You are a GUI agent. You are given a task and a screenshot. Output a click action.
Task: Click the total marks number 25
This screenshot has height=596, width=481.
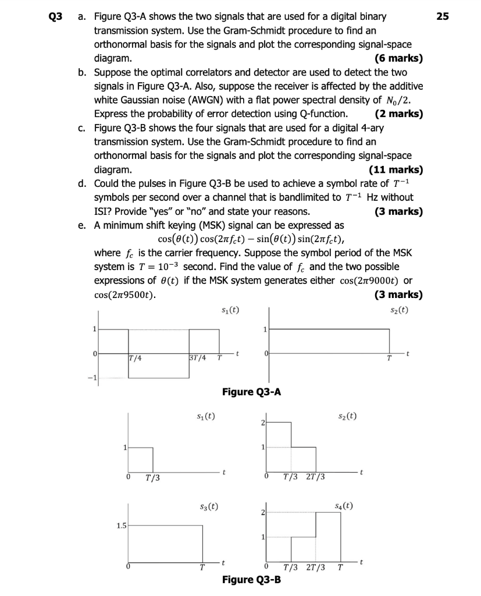coord(443,16)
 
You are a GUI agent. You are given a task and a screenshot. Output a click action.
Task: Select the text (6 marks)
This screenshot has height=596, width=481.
coord(399,58)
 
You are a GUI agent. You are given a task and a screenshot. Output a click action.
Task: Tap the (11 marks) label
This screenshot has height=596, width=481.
coord(396,170)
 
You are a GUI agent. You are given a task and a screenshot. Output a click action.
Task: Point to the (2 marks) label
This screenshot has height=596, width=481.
coord(399,114)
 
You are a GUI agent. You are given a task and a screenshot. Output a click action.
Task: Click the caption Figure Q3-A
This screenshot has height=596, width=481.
coord(252,392)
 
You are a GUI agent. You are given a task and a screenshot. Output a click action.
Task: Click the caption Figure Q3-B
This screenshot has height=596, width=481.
coord(251,580)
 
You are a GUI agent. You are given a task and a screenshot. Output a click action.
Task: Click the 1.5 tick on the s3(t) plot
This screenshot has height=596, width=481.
coord(121,526)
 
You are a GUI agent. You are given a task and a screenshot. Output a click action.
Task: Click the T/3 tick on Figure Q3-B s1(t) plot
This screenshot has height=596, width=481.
coord(154,478)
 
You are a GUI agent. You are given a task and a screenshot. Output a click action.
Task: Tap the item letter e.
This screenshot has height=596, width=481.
coord(83,225)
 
